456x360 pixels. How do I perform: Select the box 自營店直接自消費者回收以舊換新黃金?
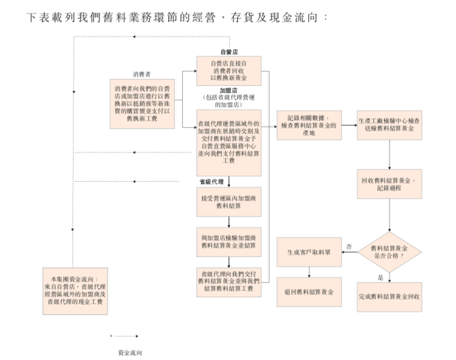[229, 71]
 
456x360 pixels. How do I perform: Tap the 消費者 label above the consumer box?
[142, 75]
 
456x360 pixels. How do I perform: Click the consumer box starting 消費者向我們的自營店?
[142, 103]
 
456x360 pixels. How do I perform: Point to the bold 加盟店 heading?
[229, 91]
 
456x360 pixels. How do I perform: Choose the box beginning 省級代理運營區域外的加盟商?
[229, 142]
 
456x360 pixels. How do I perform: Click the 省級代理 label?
[211, 181]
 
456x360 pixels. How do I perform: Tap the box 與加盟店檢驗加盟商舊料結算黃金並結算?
[229, 241]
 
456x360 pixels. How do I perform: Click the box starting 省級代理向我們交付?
[229, 281]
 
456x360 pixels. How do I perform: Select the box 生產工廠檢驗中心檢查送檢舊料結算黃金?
[389, 125]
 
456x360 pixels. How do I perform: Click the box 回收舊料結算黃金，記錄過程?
[389, 184]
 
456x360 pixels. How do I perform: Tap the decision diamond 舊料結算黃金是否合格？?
[389, 252]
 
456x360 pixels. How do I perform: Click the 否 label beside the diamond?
[349, 246]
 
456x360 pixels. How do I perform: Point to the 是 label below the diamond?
[380, 277]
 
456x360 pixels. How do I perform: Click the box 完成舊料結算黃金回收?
[389, 296]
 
